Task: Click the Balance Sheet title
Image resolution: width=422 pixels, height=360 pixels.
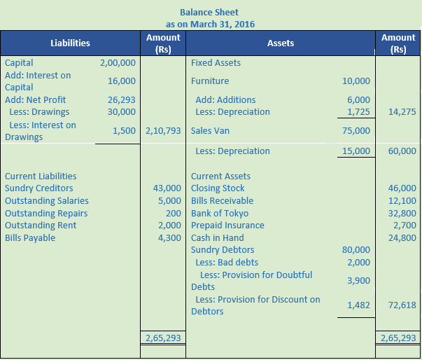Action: (209, 12)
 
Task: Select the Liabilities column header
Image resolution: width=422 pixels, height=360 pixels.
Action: (70, 43)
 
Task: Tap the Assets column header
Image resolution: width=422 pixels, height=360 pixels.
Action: (281, 43)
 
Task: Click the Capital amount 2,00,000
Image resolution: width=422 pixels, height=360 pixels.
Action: (118, 62)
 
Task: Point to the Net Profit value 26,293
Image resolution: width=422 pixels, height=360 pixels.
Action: (122, 99)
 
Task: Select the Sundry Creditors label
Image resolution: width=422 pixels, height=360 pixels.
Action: (38, 188)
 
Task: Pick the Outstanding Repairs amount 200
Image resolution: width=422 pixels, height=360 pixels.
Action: (174, 213)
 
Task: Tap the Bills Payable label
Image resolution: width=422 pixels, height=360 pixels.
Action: (30, 237)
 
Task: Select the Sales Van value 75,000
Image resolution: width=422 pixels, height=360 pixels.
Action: (356, 130)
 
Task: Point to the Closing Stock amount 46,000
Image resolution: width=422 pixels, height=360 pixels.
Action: (402, 188)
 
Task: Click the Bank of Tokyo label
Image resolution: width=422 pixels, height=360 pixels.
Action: (220, 213)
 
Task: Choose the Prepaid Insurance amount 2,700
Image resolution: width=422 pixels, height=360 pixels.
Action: (405, 225)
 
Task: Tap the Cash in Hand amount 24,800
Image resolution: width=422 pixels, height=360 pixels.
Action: (402, 237)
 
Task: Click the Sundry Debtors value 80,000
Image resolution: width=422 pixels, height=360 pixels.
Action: (356, 249)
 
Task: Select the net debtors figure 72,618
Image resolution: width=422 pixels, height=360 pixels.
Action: (402, 305)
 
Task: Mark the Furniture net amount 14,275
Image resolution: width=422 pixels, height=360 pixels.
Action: (402, 111)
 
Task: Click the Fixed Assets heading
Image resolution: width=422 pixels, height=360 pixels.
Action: (216, 62)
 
